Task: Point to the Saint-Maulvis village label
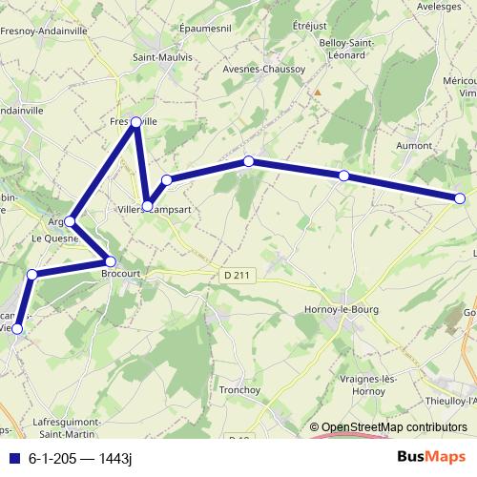tap(157, 56)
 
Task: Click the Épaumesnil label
tap(207, 30)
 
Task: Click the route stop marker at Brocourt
tap(110, 261)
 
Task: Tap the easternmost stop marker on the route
tap(460, 198)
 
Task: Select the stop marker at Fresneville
tap(136, 122)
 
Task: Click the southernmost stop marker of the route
tap(17, 329)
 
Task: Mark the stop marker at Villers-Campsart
tap(148, 205)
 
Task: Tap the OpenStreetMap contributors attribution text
tap(394, 427)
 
